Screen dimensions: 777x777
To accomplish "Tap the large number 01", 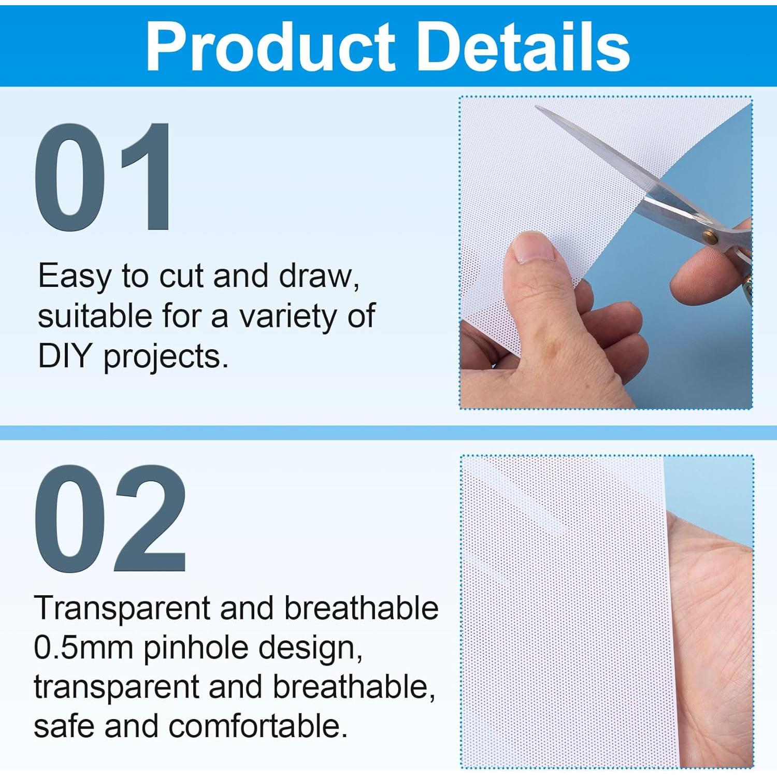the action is coord(103,177).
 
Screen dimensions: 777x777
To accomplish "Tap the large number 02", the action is coord(110,518).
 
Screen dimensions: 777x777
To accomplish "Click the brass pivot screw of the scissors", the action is coord(711,237).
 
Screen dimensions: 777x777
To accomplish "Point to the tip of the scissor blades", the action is coord(537,107).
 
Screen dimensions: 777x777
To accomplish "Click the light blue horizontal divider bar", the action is coord(388,433).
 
